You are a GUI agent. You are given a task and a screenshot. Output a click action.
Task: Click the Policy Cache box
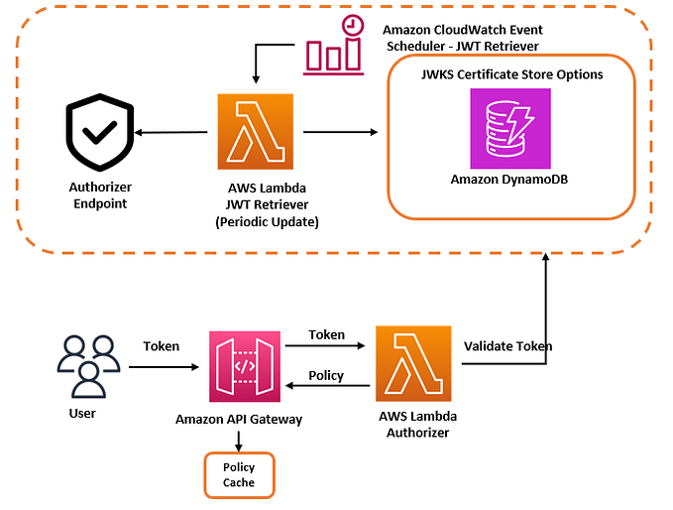coord(239,474)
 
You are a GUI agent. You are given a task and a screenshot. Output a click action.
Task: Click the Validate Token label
coord(507,346)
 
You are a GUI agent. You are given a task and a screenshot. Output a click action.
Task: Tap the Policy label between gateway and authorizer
coord(326,375)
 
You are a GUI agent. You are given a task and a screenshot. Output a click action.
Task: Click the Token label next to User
coord(162,346)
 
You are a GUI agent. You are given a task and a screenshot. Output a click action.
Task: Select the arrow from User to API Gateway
coord(164,367)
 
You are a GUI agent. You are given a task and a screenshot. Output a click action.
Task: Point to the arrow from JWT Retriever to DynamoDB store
coord(339,131)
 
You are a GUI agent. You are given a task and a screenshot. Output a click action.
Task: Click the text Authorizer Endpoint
coord(100,194)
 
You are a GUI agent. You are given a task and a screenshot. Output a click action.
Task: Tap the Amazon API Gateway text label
coord(239,419)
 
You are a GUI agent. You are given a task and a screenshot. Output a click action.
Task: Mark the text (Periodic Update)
coord(267,221)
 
